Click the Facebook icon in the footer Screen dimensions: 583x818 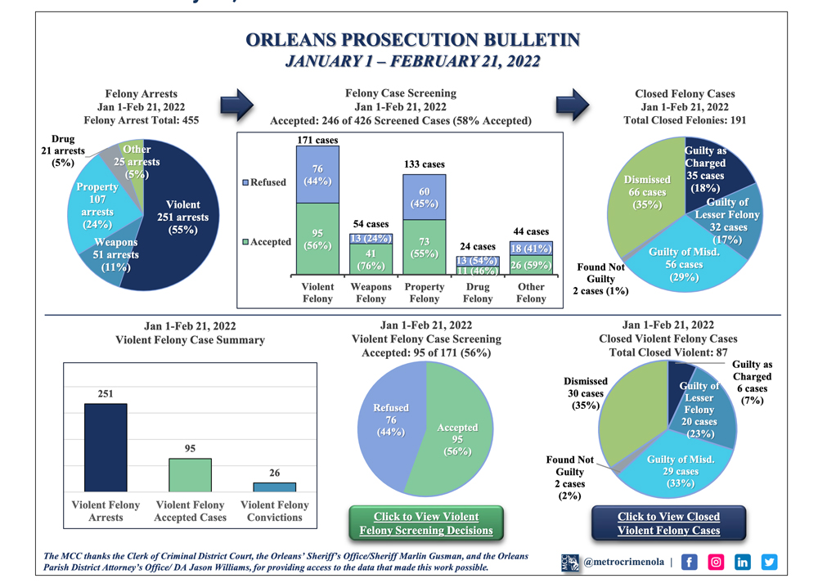[689, 562]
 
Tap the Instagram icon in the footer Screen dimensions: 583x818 [716, 562]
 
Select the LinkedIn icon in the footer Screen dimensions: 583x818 [743, 562]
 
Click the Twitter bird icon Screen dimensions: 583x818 [770, 562]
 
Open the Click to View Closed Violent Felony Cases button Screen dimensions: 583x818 [668, 523]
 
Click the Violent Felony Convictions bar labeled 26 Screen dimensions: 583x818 [275, 486]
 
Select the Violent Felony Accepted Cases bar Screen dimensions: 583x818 [190, 474]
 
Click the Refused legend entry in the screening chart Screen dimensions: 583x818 [266, 182]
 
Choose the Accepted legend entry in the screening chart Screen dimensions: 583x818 [266, 241]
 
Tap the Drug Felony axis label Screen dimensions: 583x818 [478, 293]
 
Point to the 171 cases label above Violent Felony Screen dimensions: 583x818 [317, 141]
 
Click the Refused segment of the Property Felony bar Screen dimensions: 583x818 [424, 197]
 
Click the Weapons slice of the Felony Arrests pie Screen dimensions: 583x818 [116, 253]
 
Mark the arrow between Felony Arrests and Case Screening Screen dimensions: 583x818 [238, 105]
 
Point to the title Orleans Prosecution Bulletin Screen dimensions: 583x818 [412, 41]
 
